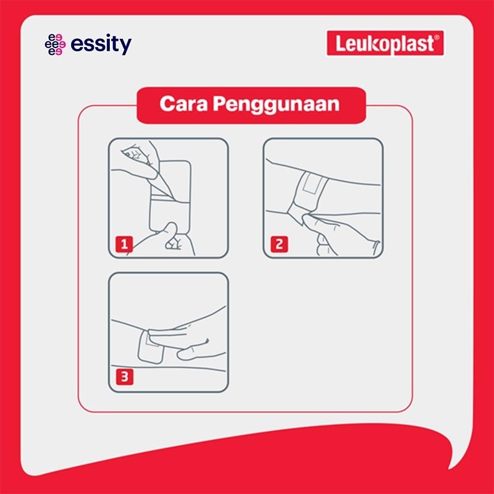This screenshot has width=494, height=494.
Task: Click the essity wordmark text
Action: pos(101,44)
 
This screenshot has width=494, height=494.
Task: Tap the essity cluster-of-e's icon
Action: pos(55,44)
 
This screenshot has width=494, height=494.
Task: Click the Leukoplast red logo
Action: pos(385,43)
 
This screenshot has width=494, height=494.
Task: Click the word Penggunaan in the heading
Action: pos(276,104)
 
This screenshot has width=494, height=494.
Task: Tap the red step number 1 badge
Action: pos(124,244)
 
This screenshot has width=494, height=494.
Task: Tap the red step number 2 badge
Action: pos(279,244)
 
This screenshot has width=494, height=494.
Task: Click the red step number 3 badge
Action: pos(125,377)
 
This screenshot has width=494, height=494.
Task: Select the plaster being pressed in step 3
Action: pos(151,347)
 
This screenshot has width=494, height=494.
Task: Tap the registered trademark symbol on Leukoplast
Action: pos(437,38)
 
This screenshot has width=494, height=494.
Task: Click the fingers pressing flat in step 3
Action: pos(186,335)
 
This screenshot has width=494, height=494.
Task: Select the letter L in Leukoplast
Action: pos(340,43)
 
